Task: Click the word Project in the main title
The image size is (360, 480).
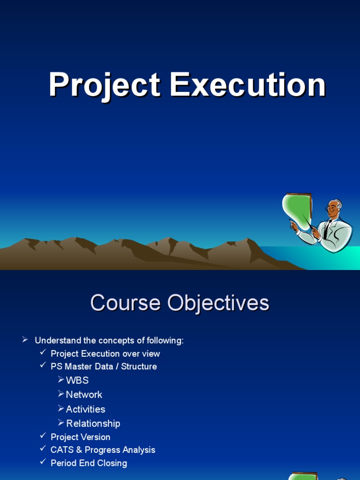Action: pyautogui.click(x=105, y=86)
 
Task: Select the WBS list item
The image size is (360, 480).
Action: pyautogui.click(x=77, y=380)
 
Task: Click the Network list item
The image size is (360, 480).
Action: pyautogui.click(x=84, y=395)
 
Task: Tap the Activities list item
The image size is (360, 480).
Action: pyautogui.click(x=85, y=409)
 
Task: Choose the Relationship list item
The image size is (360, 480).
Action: pyautogui.click(x=93, y=424)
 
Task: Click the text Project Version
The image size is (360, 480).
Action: pyautogui.click(x=81, y=437)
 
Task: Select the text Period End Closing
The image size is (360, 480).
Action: pyautogui.click(x=89, y=463)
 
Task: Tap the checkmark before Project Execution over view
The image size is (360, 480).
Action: pyautogui.click(x=43, y=353)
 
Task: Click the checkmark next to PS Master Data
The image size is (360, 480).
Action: pyautogui.click(x=43, y=366)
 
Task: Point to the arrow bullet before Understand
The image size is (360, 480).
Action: pyautogui.click(x=25, y=340)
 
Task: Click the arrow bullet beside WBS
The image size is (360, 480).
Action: pyautogui.click(x=61, y=380)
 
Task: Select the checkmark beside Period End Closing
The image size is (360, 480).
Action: pyautogui.click(x=43, y=463)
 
